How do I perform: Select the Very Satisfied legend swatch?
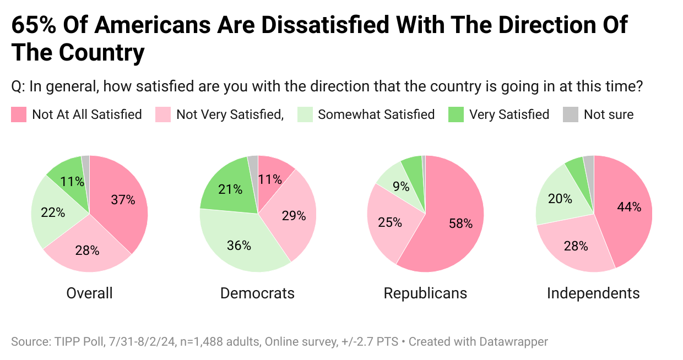point(456,114)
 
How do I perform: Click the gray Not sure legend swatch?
point(570,114)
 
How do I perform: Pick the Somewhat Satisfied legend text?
point(376,114)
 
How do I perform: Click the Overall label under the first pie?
point(89,293)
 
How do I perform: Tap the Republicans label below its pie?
point(425,293)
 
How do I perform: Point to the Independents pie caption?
point(593,293)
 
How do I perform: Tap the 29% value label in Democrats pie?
point(294,215)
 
